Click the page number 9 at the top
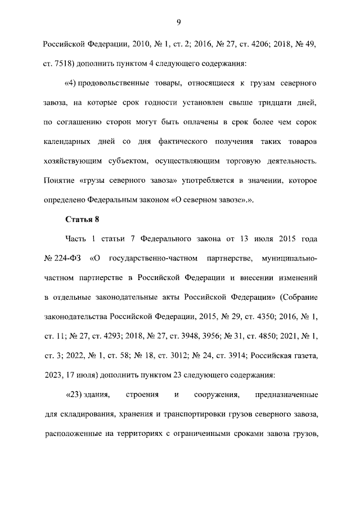pos(178,22)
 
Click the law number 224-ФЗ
pos(66,259)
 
